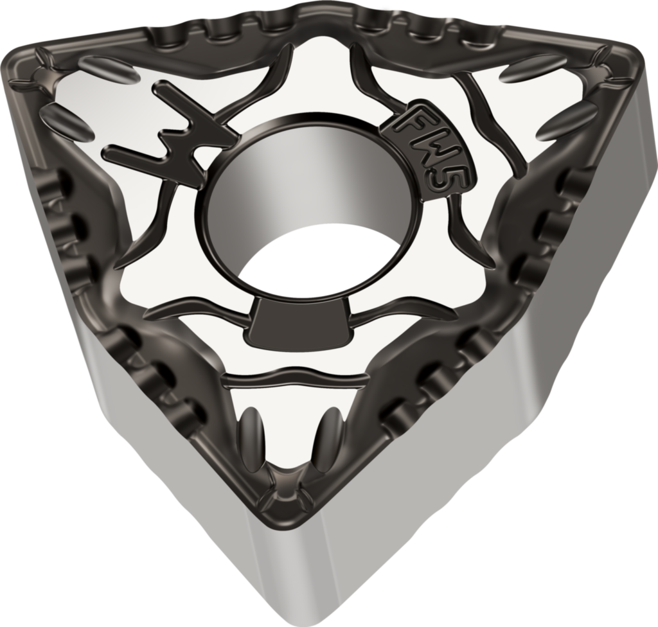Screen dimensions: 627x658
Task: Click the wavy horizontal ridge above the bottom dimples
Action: click(292, 379)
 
